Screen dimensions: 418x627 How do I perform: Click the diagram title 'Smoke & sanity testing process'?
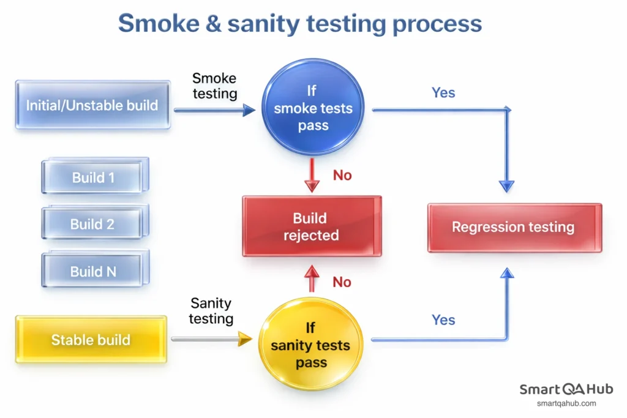(x=300, y=24)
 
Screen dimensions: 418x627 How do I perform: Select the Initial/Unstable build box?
(x=92, y=105)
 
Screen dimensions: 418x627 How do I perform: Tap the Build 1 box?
(x=94, y=177)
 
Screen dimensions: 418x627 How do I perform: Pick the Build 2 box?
(x=93, y=224)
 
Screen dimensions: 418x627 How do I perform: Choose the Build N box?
(x=93, y=271)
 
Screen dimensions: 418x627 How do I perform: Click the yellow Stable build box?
(x=91, y=340)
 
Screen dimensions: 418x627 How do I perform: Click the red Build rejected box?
(x=311, y=226)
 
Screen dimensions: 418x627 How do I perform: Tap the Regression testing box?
(x=514, y=228)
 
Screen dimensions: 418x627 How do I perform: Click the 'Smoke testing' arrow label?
(x=214, y=86)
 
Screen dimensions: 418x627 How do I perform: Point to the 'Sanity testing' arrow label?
(x=211, y=310)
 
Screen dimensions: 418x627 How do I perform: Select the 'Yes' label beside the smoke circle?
(x=443, y=92)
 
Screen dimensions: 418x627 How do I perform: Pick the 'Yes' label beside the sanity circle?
(x=443, y=319)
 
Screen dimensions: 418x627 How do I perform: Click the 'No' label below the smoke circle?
(x=342, y=176)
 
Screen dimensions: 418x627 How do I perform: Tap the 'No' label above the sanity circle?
(x=342, y=282)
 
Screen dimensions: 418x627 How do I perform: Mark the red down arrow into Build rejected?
(x=313, y=175)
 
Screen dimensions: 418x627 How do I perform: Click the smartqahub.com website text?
(x=566, y=403)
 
